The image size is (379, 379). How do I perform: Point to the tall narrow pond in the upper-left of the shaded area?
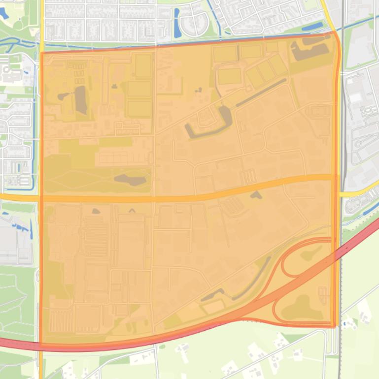tap(80, 99)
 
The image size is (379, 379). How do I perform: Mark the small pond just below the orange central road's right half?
tap(256, 195)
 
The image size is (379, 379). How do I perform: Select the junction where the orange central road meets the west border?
tap(41, 198)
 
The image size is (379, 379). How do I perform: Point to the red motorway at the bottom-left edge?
tap(15, 343)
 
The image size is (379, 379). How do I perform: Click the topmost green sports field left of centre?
tap(143, 66)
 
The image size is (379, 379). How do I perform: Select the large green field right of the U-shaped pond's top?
tap(230, 76)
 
